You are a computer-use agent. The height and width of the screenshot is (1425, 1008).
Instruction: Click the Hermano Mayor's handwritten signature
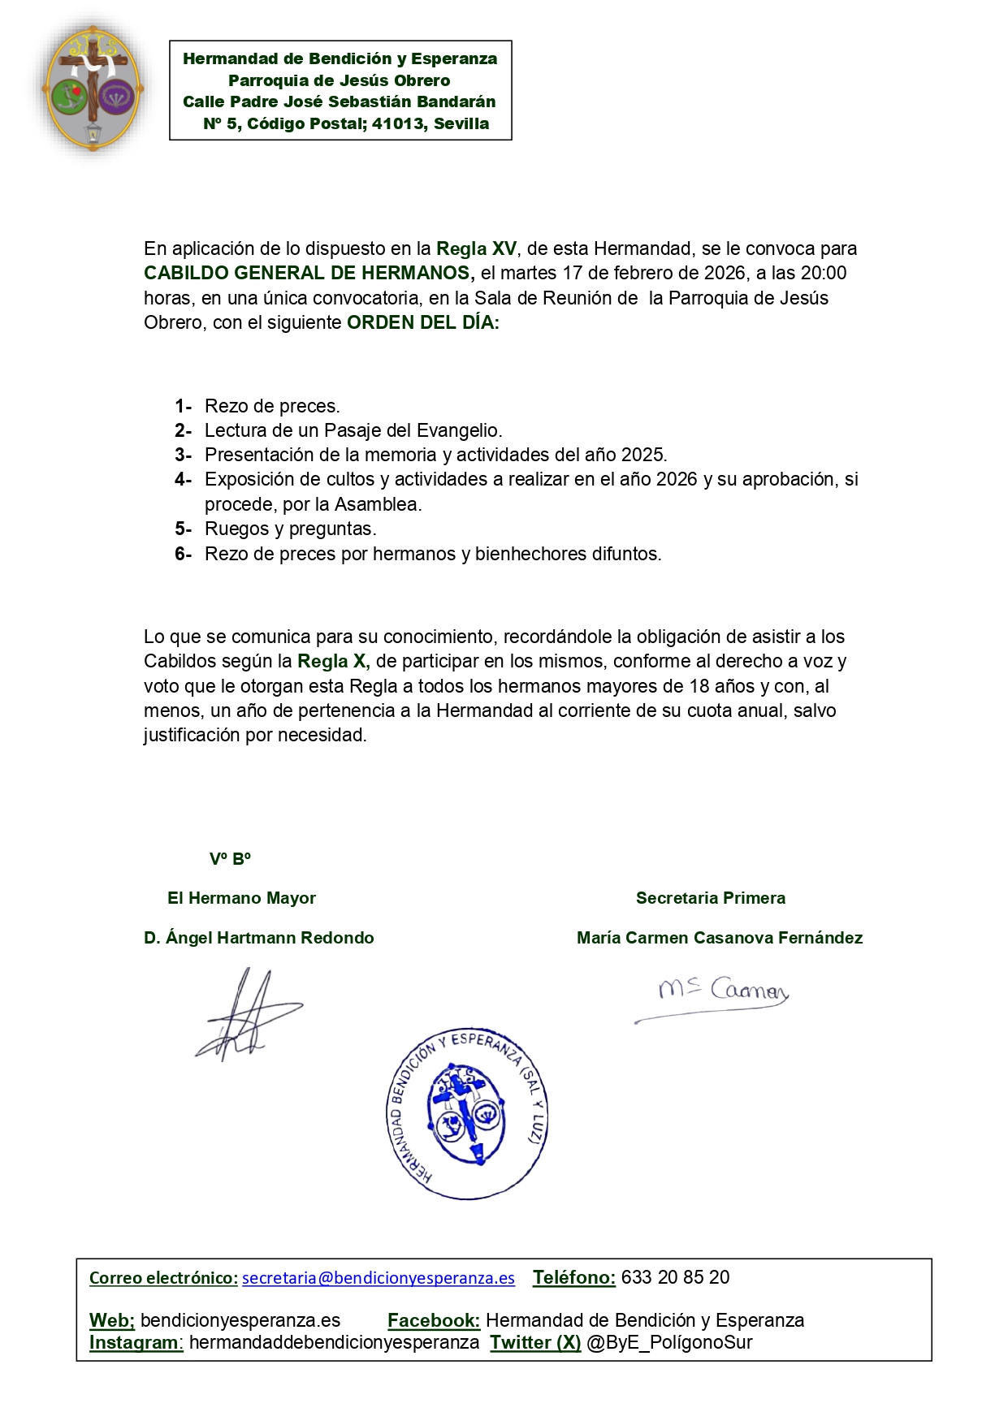point(245,1015)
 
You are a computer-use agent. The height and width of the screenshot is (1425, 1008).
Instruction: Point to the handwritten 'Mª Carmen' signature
point(720,994)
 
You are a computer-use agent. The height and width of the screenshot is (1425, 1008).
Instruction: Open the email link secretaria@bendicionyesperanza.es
point(379,1278)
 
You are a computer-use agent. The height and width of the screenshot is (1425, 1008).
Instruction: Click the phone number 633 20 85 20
point(675,1277)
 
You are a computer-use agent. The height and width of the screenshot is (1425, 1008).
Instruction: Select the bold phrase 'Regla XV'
point(476,248)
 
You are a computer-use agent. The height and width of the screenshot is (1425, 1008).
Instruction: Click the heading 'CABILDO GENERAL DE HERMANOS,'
point(309,273)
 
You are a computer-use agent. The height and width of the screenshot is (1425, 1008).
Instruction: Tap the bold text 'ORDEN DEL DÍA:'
point(423,322)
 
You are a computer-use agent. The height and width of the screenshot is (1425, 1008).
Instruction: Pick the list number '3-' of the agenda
point(183,455)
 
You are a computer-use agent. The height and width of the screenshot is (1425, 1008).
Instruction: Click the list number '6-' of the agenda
point(183,554)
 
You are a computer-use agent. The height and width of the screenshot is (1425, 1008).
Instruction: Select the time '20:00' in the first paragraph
point(824,273)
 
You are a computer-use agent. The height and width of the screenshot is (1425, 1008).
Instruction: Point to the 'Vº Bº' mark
point(230,859)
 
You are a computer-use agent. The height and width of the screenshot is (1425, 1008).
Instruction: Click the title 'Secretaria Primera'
point(711,898)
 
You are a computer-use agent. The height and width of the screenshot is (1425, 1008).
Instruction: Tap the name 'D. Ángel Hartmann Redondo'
point(259,938)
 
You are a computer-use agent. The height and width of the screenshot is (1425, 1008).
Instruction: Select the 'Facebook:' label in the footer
point(434,1320)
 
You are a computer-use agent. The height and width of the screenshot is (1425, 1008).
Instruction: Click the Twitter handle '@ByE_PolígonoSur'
point(669,1343)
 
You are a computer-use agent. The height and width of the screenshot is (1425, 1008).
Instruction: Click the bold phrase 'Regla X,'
point(334,661)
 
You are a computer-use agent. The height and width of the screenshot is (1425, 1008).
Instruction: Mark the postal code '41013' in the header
point(399,123)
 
